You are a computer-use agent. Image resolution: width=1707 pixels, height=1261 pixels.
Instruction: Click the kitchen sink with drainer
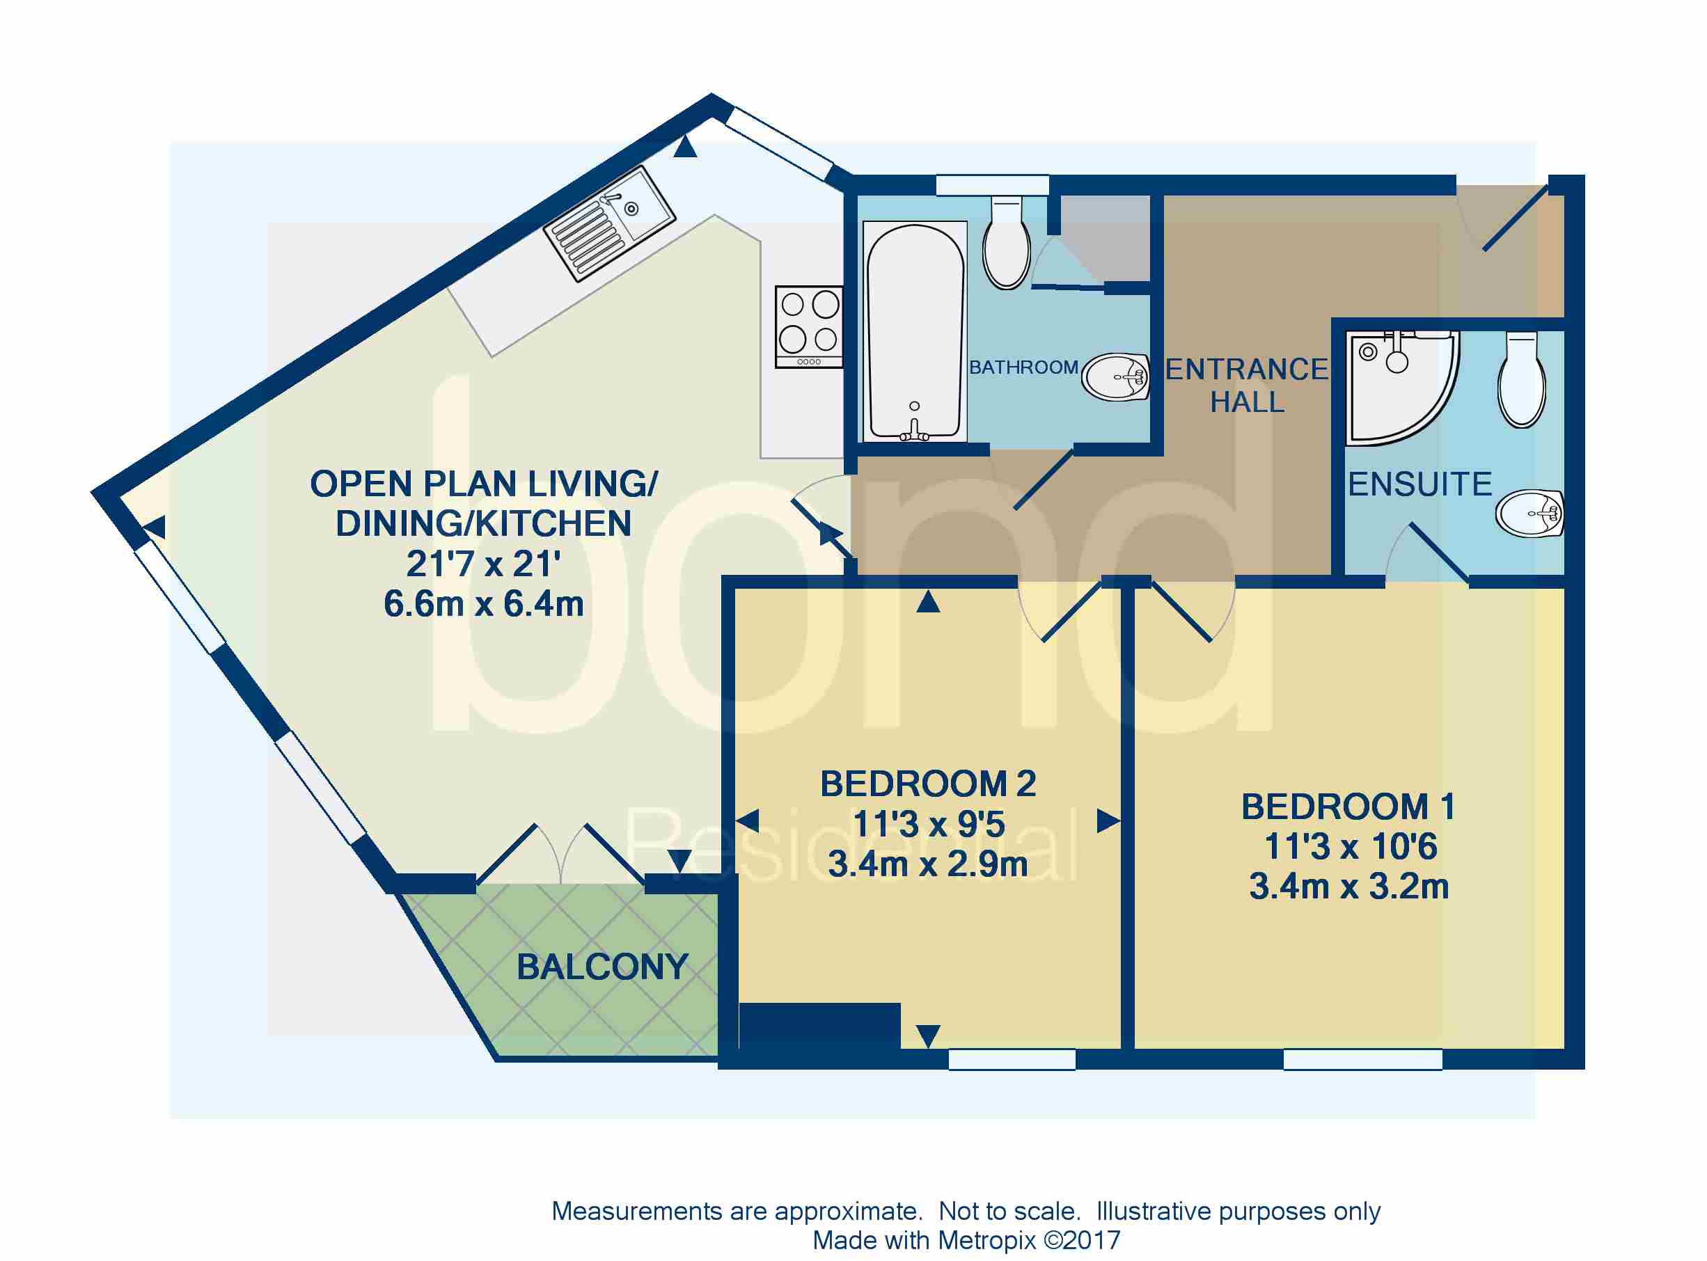[609, 223]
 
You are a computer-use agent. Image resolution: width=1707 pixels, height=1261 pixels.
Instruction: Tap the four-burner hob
[808, 326]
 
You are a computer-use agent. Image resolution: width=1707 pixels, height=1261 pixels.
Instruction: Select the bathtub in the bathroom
[914, 332]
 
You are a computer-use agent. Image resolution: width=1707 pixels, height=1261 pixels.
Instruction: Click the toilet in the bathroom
[1006, 244]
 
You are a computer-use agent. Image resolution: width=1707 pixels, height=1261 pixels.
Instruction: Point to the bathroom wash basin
[1116, 377]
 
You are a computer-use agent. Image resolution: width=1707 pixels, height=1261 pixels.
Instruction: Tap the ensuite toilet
[1522, 379]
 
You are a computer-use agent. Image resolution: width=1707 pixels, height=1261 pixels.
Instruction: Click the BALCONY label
[602, 968]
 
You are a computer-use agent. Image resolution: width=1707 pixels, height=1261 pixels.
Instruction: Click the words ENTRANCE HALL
[1247, 386]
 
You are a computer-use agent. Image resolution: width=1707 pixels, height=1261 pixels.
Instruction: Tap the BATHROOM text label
[1023, 368]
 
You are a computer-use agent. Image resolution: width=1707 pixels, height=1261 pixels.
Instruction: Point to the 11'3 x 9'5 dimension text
[928, 825]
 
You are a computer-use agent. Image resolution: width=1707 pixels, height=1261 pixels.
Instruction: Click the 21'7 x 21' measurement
[483, 565]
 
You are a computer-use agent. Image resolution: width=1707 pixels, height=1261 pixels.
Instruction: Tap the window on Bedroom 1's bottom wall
[1362, 1059]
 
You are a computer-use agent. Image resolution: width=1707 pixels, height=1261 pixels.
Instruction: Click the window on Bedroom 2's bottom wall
[1012, 1059]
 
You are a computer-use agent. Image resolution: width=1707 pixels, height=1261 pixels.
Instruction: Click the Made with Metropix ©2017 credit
[966, 1240]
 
